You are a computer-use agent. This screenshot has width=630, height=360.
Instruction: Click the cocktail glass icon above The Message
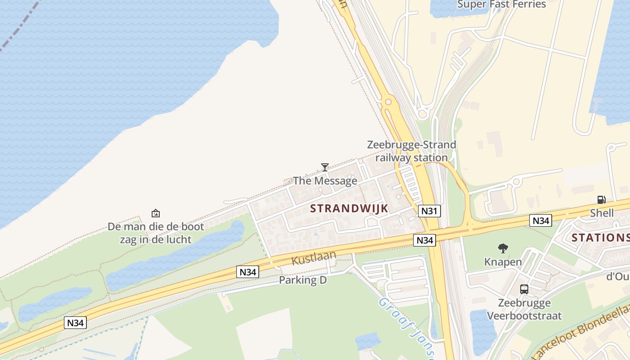click(x=324, y=167)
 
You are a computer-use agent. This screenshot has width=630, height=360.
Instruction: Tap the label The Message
click(x=325, y=181)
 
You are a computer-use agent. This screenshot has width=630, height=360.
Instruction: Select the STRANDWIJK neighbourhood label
click(x=349, y=208)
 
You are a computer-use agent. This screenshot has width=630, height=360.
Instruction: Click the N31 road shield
click(x=429, y=211)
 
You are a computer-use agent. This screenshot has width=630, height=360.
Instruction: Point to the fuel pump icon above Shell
click(x=601, y=200)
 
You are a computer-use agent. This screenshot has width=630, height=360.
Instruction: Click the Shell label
click(x=602, y=213)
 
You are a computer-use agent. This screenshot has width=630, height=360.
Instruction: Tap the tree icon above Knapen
click(x=503, y=248)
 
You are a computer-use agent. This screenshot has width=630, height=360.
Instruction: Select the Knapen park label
click(x=503, y=262)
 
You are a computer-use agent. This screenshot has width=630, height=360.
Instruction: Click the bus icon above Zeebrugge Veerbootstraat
click(x=524, y=289)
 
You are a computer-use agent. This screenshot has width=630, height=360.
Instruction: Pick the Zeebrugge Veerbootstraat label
click(x=524, y=309)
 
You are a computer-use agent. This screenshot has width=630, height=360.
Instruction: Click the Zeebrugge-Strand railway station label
click(x=412, y=151)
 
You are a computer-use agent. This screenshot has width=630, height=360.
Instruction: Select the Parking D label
click(x=302, y=280)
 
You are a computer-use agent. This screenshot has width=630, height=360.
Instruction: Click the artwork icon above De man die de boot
click(x=156, y=213)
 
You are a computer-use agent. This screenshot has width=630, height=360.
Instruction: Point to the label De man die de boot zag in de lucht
click(x=156, y=233)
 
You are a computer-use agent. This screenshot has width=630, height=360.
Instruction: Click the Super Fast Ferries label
click(x=501, y=4)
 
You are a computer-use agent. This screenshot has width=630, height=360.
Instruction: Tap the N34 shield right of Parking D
click(x=247, y=272)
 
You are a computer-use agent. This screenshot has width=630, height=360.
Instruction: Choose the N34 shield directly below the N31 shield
click(x=424, y=241)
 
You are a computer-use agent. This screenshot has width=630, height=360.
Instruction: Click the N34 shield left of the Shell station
click(x=540, y=220)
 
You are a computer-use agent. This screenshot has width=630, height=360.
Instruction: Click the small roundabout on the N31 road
click(x=388, y=102)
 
